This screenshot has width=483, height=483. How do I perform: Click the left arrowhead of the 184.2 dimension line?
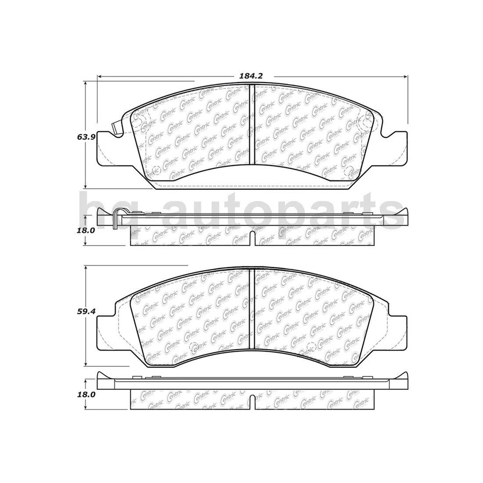100,76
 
